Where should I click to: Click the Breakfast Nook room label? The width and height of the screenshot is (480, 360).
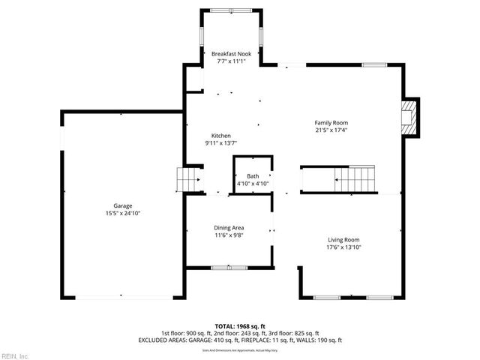tap(231, 54)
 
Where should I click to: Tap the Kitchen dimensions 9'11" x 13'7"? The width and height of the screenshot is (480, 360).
tap(220, 143)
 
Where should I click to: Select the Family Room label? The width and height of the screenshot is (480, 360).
tap(331, 123)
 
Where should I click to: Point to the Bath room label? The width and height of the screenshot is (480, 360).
tap(253, 176)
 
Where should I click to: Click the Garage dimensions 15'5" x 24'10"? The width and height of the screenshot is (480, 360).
tap(123, 214)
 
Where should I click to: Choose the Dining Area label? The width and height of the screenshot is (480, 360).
tap(229, 228)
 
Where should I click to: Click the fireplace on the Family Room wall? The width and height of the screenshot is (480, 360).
tap(409, 118)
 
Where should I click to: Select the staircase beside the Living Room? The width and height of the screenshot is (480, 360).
tap(353, 179)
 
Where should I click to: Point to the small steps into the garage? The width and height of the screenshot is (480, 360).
tap(187, 180)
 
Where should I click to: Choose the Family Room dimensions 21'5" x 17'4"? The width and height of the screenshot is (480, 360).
tap(331, 130)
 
